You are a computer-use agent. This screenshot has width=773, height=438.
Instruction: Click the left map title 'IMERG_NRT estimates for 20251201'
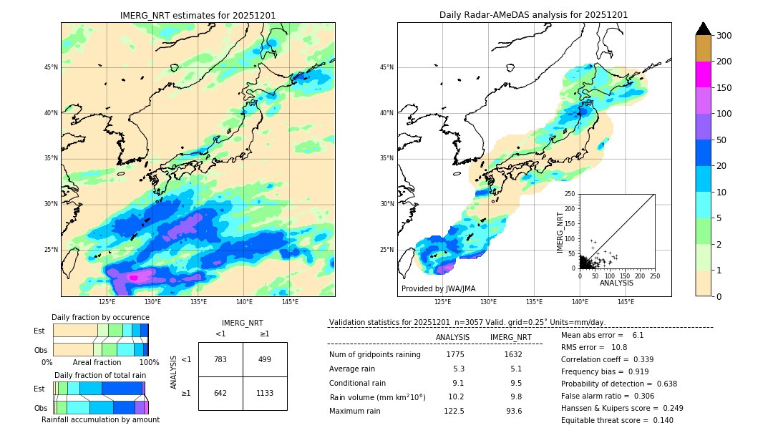pyautogui.click(x=198, y=15)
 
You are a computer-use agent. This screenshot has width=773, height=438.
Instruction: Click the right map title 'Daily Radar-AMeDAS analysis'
pyautogui.click(x=533, y=15)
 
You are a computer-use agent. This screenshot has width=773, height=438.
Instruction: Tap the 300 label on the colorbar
pyautogui.click(x=724, y=36)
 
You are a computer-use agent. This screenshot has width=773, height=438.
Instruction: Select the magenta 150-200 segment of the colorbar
pyautogui.click(x=703, y=74)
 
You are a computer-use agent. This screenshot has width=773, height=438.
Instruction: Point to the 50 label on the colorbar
pyautogui.click(x=721, y=140)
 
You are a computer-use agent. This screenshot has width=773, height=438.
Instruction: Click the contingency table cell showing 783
pyautogui.click(x=220, y=359)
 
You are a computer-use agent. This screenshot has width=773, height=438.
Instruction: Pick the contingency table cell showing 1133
pyautogui.click(x=265, y=393)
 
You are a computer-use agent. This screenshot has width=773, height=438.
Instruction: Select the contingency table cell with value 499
pyautogui.click(x=265, y=359)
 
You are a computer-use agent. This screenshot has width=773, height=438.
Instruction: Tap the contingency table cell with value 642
pyautogui.click(x=220, y=393)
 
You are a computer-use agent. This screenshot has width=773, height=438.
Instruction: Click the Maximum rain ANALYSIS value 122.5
pyautogui.click(x=454, y=411)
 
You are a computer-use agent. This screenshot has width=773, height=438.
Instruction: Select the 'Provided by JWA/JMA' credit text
pyautogui.click(x=438, y=288)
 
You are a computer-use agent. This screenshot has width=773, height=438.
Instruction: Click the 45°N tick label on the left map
pyautogui.click(x=51, y=67)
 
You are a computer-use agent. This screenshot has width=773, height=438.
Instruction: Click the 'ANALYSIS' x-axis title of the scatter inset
pyautogui.click(x=616, y=283)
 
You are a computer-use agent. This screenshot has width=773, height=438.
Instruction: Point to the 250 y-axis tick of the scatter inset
pyautogui.click(x=570, y=194)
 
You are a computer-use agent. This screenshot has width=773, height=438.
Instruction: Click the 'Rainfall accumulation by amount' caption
pyautogui.click(x=100, y=419)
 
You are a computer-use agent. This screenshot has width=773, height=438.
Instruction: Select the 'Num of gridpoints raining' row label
pyautogui.click(x=375, y=354)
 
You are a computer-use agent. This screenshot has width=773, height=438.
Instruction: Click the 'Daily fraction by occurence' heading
pyautogui.click(x=100, y=317)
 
